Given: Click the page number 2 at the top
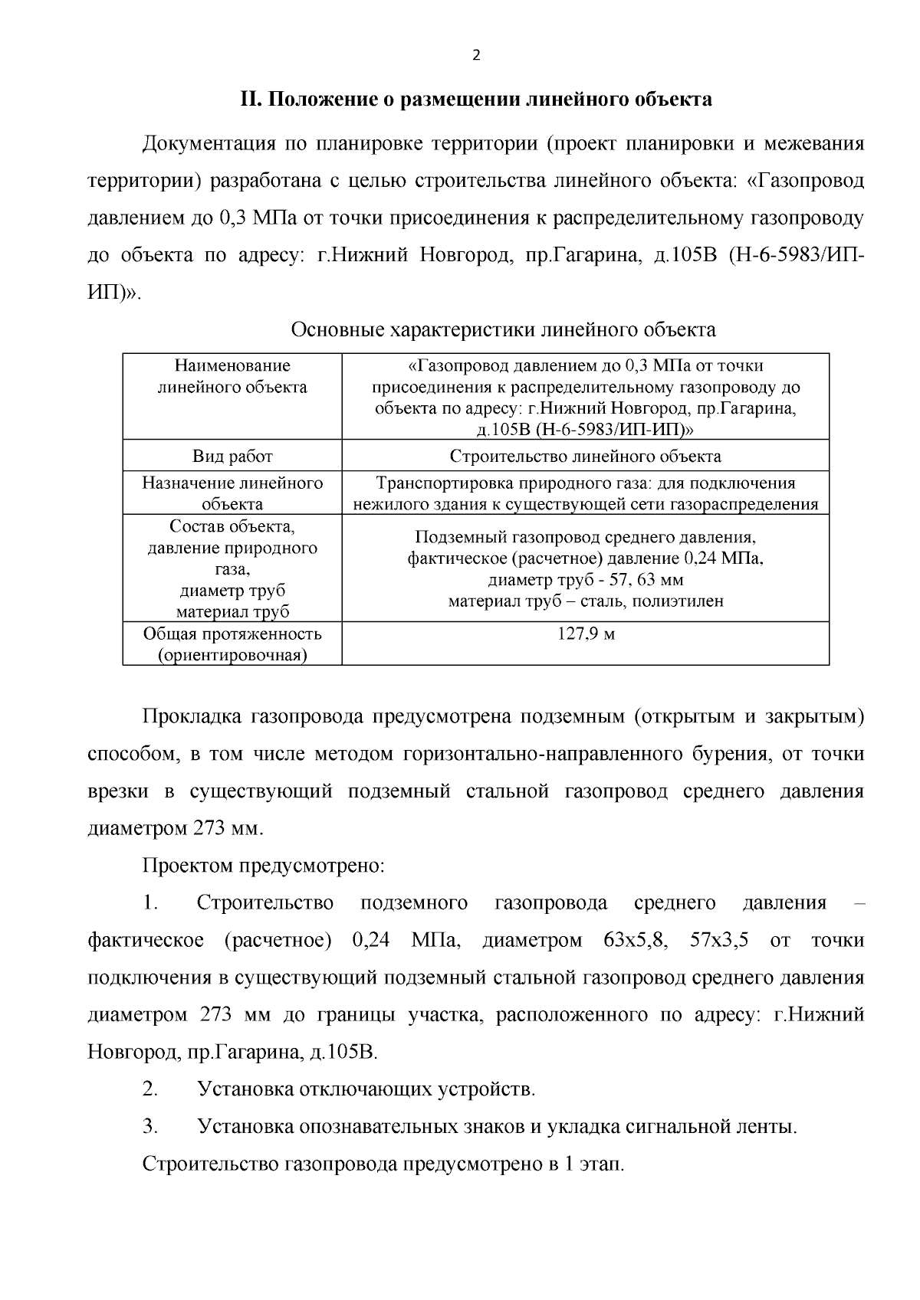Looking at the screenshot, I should [x=476, y=55].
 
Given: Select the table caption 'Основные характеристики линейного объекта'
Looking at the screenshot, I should [x=503, y=330].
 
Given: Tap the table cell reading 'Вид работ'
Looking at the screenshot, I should [x=232, y=457].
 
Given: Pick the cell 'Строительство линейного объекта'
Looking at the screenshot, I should [x=585, y=457].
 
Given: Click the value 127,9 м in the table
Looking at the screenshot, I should [x=585, y=634].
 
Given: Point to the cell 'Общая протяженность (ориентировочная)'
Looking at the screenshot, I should [x=232, y=644].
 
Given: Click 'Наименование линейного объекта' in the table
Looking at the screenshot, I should [x=232, y=376].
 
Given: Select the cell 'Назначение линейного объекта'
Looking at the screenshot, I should [x=232, y=493].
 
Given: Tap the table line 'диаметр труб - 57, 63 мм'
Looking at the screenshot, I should [x=585, y=580].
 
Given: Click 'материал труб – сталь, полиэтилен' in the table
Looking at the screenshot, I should [x=585, y=601].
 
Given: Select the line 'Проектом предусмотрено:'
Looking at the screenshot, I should [x=263, y=866].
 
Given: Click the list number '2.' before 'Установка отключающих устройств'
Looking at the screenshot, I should [x=150, y=1089].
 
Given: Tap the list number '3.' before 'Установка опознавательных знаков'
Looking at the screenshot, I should [x=150, y=1127].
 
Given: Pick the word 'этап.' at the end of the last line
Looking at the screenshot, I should [x=602, y=1164].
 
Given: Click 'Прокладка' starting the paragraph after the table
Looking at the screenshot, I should [x=190, y=717].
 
